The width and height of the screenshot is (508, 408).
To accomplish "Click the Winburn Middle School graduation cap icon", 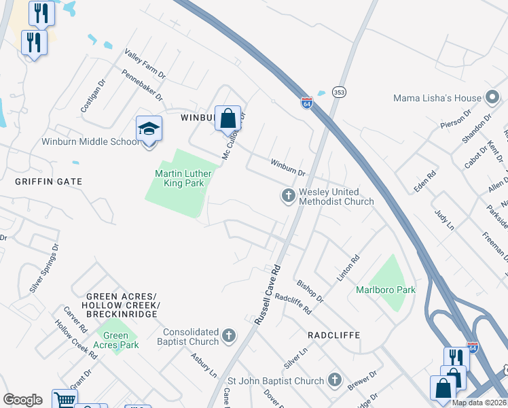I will [149, 129].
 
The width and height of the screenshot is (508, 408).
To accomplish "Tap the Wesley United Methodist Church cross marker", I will [289, 197].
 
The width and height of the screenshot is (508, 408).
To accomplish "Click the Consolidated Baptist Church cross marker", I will [230, 335].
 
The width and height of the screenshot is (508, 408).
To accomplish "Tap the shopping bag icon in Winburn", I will [229, 118].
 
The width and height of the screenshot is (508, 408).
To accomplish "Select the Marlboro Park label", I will [385, 290].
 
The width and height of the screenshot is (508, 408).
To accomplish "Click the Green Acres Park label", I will [116, 340].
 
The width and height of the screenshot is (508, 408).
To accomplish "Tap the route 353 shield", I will [339, 92].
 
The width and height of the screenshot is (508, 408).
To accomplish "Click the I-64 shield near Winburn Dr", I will [307, 103].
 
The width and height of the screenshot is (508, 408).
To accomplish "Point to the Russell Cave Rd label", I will [266, 294].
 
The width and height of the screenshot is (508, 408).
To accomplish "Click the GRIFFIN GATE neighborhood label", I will [48, 182].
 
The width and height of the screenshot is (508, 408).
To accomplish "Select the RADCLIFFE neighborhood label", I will [333, 335].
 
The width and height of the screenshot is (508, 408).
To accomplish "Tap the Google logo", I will [22, 399].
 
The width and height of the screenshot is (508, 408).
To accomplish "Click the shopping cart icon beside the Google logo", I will [65, 400].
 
